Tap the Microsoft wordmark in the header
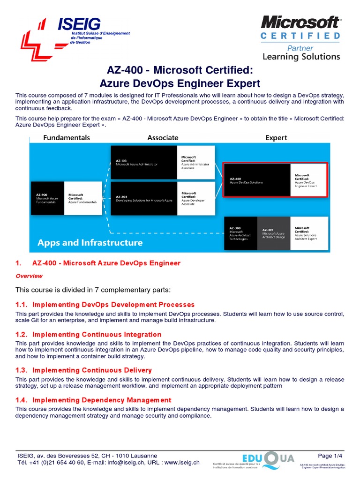pyautogui.click(x=300, y=22)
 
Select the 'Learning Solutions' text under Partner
pyautogui.click(x=301, y=57)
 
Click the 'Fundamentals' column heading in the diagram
pyautogui.click(x=67, y=138)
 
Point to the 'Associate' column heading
pyautogui.click(x=163, y=138)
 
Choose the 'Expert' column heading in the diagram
pyautogui.click(x=276, y=138)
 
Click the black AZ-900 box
pyautogui.click(x=47, y=198)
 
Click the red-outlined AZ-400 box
pyautogui.click(x=257, y=180)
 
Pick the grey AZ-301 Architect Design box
pyautogui.click(x=274, y=233)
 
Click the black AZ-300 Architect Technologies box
pyautogui.click(x=240, y=233)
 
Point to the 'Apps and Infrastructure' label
pyautogui.click(x=90, y=243)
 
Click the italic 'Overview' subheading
pyautogui.click(x=29, y=276)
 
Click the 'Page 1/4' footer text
pyautogui.click(x=330, y=456)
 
